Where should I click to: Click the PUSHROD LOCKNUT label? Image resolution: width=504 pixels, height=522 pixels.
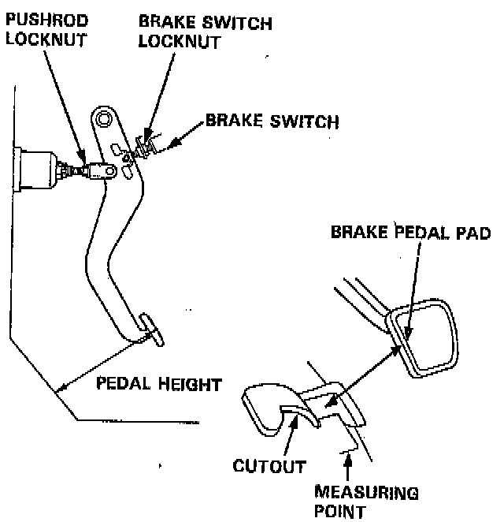[45, 29]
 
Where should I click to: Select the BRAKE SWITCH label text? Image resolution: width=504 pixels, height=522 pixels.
[272, 122]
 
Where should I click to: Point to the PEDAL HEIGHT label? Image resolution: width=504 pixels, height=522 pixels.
[158, 385]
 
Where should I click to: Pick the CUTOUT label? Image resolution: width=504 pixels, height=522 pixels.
[269, 466]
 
